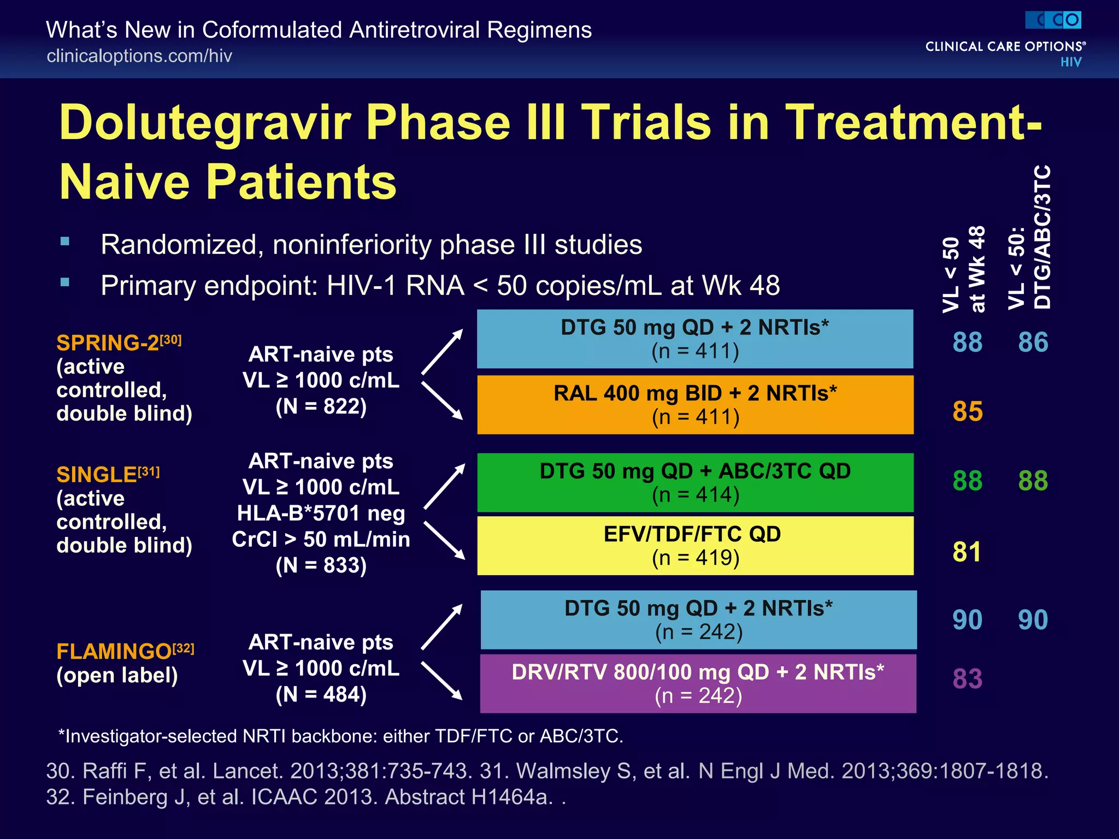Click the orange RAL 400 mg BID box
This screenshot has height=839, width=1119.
[x=695, y=405]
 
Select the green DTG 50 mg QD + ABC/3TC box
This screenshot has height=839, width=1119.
[x=695, y=482]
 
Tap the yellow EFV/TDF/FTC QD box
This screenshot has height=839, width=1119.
[x=695, y=546]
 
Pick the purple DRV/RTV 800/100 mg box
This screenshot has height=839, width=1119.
[x=698, y=683]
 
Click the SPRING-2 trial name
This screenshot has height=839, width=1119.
[x=108, y=343]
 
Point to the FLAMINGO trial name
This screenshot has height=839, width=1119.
[x=114, y=651]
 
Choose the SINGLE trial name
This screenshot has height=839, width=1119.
[x=97, y=475]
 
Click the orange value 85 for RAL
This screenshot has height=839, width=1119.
[x=967, y=411]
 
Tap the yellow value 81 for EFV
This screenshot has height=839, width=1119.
[x=967, y=552]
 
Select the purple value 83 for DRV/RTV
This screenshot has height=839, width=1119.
[x=967, y=679]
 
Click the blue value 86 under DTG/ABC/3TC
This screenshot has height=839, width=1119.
[x=1033, y=342]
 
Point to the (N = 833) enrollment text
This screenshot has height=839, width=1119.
[x=321, y=565]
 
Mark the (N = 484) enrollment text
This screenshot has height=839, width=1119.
[x=321, y=694]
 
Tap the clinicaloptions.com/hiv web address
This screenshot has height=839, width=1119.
[x=139, y=56]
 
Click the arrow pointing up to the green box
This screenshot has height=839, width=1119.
[x=444, y=486]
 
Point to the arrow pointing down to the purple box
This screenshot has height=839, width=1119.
[x=442, y=681]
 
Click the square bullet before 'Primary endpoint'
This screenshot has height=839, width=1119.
[x=65, y=282]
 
